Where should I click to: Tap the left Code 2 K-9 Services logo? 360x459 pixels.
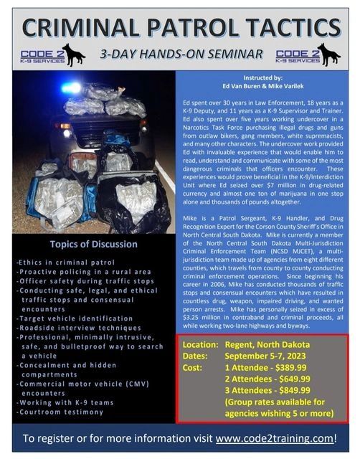(53, 55)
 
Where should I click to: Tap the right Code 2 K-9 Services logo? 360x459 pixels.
(308, 55)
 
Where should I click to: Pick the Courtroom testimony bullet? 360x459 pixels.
(63, 412)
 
